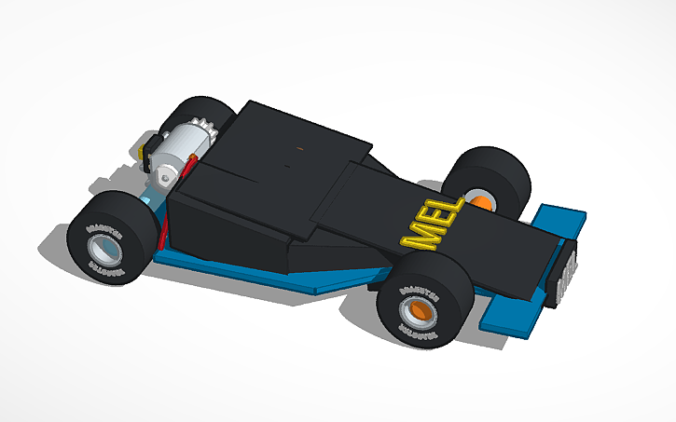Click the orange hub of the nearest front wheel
click(x=418, y=312)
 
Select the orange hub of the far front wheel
click(x=481, y=202)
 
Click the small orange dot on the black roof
click(x=299, y=146)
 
